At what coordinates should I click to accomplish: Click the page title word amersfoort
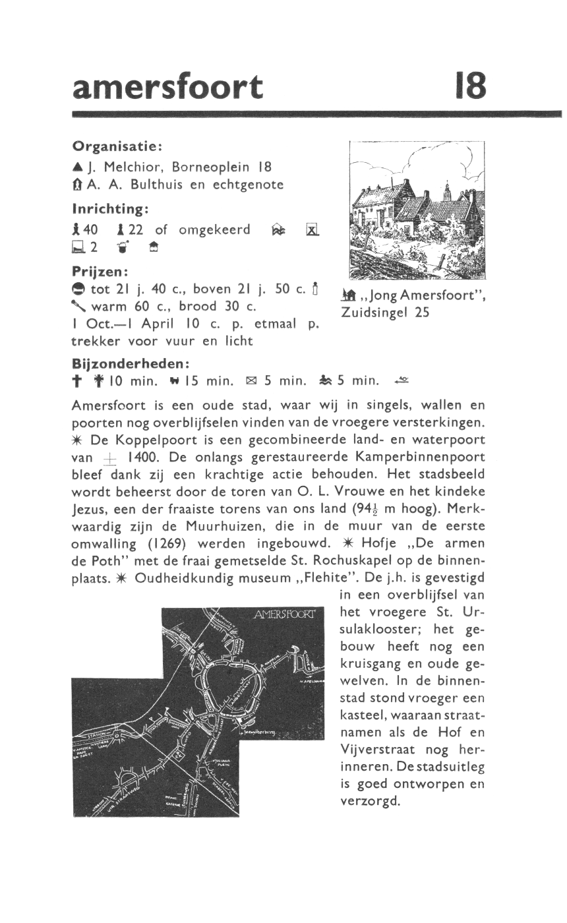[167, 87]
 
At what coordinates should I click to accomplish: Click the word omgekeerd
[211, 229]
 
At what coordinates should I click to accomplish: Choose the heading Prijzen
[99, 271]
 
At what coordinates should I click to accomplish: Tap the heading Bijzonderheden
[131, 363]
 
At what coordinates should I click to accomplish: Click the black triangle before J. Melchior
[78, 167]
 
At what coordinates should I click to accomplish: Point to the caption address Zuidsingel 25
[385, 313]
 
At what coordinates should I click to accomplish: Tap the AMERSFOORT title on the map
[285, 616]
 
